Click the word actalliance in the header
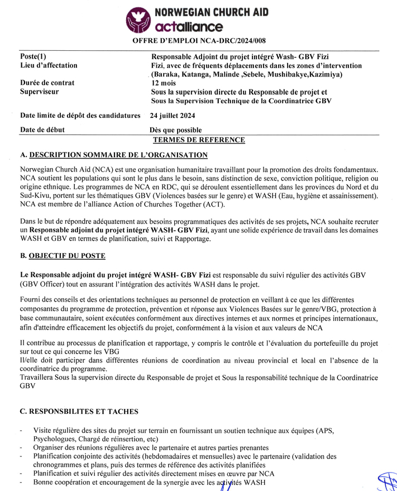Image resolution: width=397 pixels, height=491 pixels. coord(189,27)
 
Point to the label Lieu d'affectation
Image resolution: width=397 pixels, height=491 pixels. coord(49,66)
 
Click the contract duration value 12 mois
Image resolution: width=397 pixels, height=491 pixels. coord(164,83)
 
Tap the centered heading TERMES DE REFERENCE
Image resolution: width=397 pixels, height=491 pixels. coord(199,140)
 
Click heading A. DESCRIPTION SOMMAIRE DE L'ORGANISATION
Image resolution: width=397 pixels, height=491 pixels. coord(113,155)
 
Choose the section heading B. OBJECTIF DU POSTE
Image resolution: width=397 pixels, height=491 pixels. coord(62,256)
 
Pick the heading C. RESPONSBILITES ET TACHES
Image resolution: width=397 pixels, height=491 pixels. coord(79,412)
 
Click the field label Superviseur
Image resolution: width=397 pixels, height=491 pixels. coord(39,92)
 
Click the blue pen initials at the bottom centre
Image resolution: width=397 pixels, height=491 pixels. coord(226,486)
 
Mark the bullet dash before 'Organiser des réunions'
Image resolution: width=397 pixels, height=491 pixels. coord(21,447)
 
